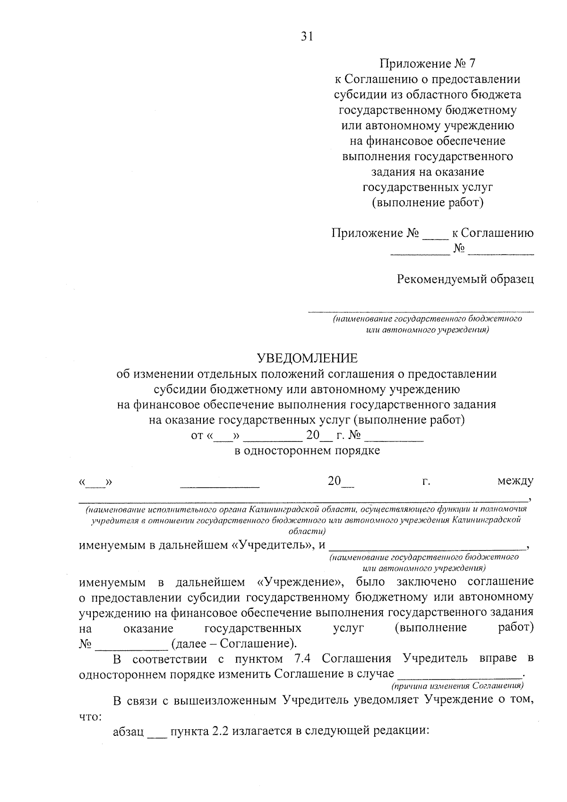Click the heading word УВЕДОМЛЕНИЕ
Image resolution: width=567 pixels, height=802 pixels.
click(307, 358)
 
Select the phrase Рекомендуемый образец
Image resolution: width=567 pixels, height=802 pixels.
click(465, 279)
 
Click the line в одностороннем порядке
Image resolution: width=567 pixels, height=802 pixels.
click(307, 450)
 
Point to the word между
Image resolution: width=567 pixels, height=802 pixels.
click(515, 481)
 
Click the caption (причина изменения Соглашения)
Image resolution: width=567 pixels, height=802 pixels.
click(457, 685)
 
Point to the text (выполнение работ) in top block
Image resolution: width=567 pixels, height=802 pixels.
click(428, 203)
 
